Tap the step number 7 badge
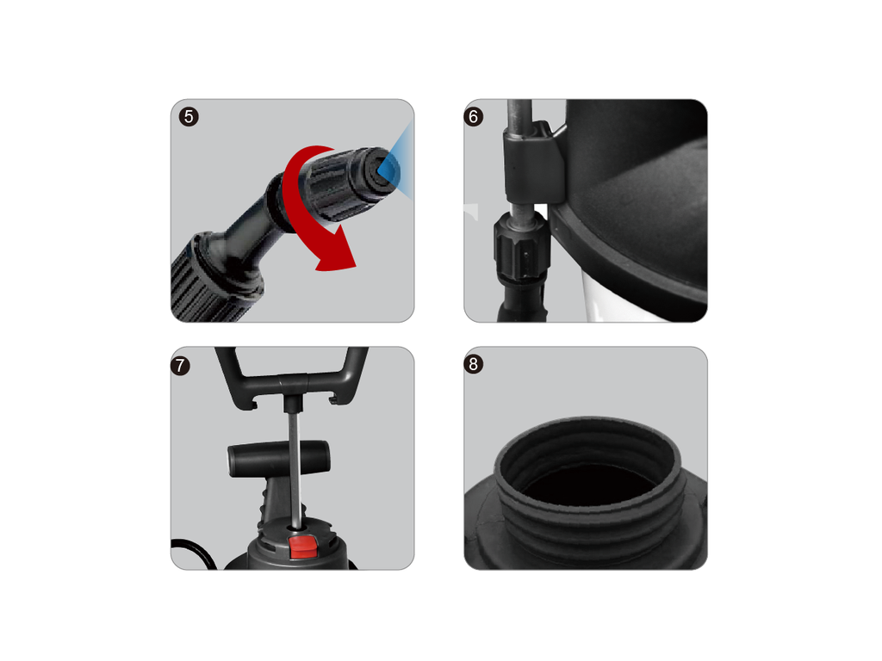coord(181,365)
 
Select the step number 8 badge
coord(474,365)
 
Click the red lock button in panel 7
coord(302,547)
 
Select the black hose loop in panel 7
coord(191,551)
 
